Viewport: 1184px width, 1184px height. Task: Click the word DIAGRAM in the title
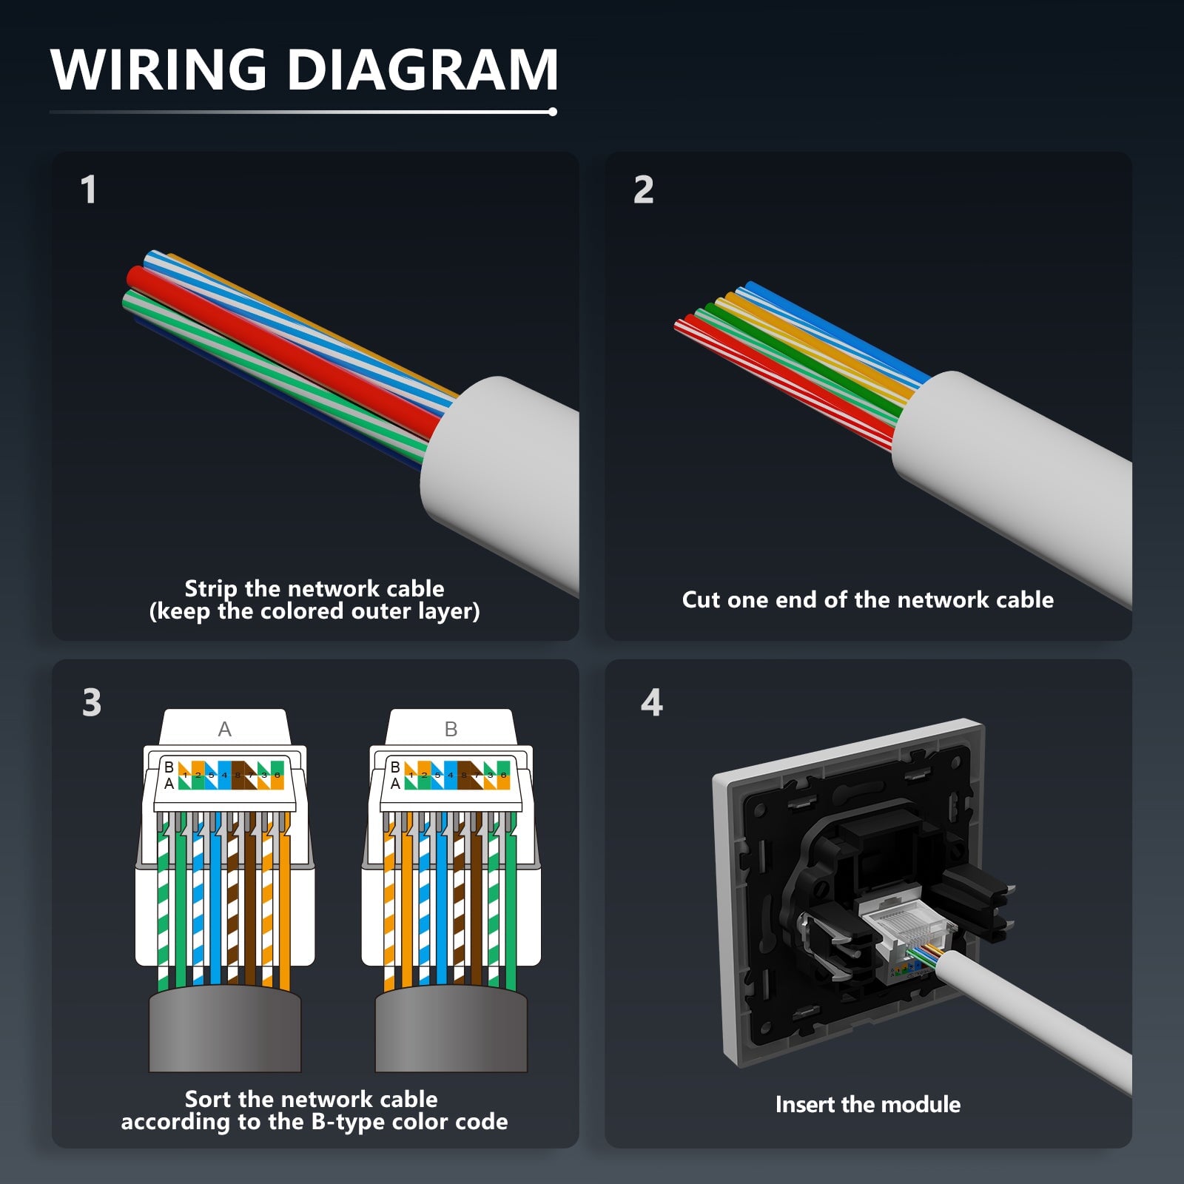click(423, 70)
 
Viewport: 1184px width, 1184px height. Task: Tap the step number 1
click(88, 189)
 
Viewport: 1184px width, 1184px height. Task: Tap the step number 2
click(643, 189)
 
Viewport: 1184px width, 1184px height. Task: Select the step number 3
click(92, 702)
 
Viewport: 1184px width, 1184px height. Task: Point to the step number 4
click(651, 702)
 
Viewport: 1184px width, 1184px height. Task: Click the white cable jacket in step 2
click(1014, 481)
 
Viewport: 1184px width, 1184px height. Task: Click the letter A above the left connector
click(225, 730)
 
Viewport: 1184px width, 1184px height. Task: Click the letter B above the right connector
click(451, 730)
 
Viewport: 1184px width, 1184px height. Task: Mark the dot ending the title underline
click(553, 112)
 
